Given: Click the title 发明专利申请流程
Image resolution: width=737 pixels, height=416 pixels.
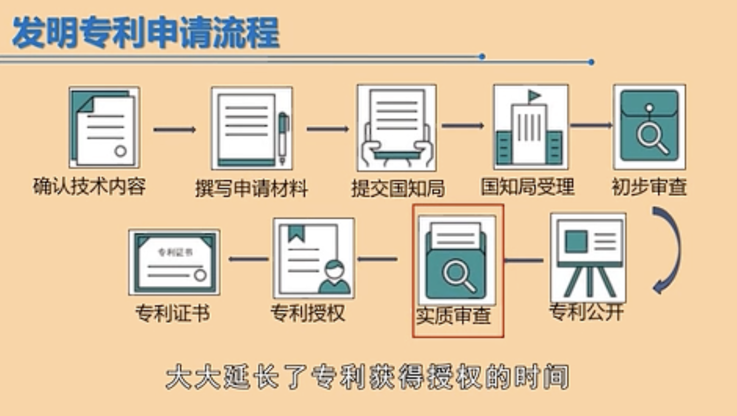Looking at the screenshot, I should tap(145, 33).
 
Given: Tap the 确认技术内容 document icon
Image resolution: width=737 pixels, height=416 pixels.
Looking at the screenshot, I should tap(104, 127).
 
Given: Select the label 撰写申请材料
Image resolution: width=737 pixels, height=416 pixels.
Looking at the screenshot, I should tap(251, 188).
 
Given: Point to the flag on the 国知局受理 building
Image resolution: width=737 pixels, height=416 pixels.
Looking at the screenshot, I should tap(533, 95).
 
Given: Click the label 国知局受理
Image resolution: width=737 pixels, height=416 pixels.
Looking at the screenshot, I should tap(527, 187).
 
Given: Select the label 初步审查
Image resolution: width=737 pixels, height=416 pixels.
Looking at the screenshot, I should tap(649, 187).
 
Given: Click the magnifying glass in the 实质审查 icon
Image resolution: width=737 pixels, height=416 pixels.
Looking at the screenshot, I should tap(458, 276).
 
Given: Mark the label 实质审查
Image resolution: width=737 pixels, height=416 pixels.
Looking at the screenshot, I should tap(453, 316).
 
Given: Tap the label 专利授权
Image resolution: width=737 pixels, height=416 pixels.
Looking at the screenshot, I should tap(308, 314).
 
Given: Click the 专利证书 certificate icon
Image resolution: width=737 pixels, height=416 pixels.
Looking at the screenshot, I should tap(174, 262).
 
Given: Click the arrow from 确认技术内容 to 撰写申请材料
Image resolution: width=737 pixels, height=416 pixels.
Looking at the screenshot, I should tap(174, 130).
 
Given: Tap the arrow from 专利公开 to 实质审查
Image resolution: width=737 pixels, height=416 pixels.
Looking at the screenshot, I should tap(523, 260).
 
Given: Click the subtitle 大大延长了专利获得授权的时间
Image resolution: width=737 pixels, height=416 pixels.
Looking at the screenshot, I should tap(367, 377).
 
